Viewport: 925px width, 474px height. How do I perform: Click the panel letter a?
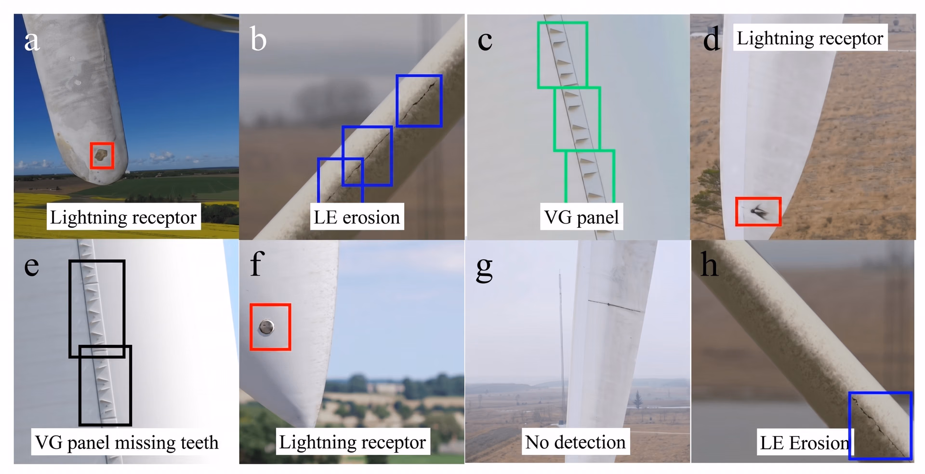32,40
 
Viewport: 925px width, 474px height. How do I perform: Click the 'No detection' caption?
575,442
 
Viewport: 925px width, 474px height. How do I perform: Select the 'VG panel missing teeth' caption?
127,442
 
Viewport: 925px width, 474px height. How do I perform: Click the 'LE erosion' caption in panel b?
357,217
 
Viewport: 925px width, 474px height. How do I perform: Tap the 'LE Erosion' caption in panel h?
804,442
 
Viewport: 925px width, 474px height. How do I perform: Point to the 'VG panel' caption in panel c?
581,217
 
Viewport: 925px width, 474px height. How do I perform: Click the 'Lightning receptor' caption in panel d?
810,38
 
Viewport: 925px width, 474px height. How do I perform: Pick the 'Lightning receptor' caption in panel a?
123,217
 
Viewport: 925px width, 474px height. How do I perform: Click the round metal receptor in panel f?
266,328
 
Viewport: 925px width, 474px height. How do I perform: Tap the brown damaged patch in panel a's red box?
101,155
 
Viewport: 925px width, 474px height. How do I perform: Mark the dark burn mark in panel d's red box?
758,211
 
